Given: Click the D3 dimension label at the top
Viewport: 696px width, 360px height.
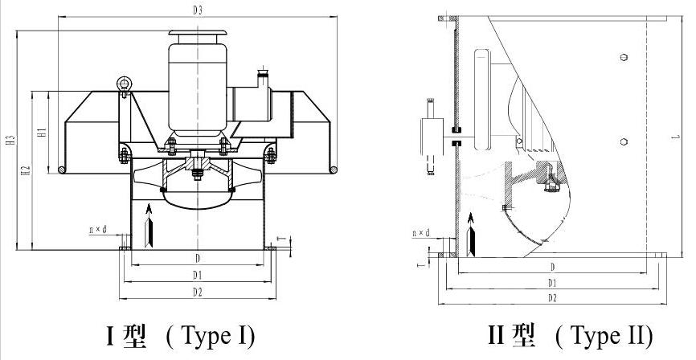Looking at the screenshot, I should pos(197,10).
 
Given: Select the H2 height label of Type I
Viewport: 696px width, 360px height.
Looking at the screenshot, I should pos(26,170).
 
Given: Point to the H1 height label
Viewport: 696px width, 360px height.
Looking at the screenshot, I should pos(45,131).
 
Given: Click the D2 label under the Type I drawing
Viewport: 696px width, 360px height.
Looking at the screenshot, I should pos(198,291).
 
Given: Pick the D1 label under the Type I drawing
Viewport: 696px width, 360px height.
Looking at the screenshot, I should pos(198,276).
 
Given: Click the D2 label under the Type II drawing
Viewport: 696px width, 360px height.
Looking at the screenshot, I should pos(551,298).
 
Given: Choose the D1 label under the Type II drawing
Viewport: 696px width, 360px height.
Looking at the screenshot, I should pos(551,283).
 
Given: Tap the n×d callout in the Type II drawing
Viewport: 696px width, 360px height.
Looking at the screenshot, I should pos(420,234).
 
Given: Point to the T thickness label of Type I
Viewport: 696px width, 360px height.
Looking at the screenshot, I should pos(280,239).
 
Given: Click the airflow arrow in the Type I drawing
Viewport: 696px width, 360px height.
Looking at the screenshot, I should pos(148,226).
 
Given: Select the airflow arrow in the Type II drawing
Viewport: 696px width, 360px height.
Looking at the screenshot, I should pos(470,231).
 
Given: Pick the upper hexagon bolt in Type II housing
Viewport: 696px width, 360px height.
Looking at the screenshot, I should pos(625,58).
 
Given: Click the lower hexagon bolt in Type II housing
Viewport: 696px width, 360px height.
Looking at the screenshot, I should pos(625,141).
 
